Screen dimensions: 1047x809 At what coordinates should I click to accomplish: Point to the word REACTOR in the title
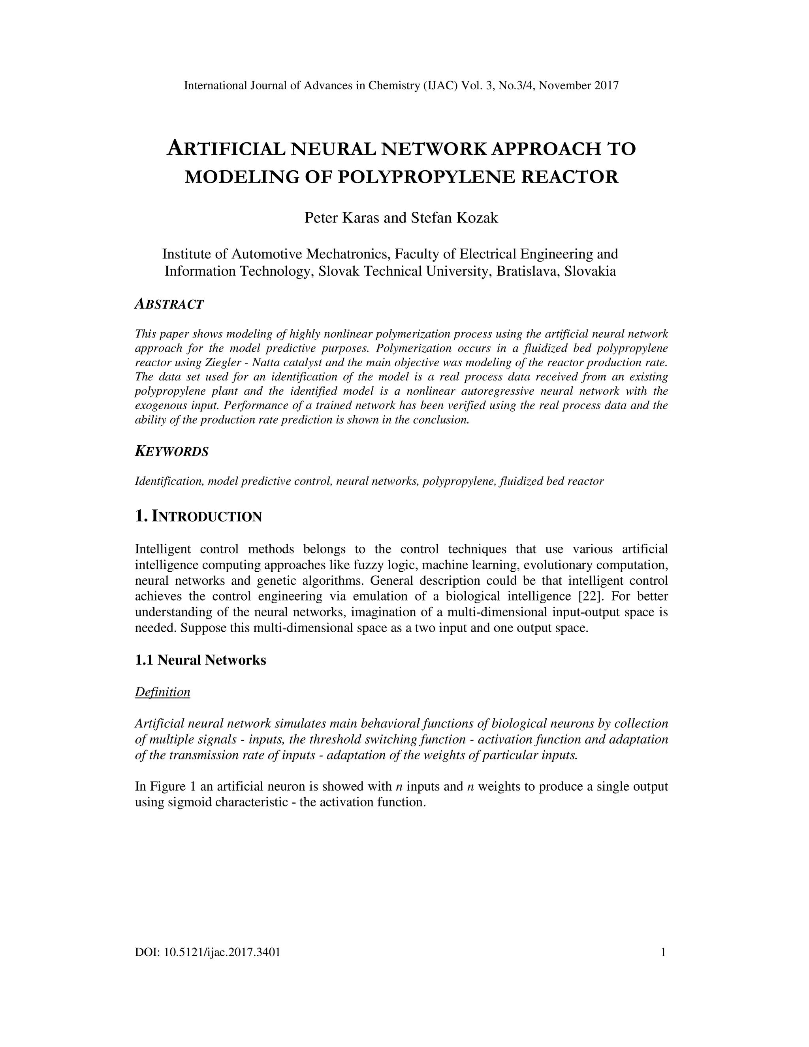coord(569,177)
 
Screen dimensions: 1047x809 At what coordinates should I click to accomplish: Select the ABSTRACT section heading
coord(169,304)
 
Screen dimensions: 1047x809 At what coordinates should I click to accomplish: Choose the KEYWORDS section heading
coord(171,451)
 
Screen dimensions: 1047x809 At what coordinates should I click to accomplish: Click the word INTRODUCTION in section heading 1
coord(207,517)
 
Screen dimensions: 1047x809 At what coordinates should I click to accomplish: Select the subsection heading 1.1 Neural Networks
coord(200,660)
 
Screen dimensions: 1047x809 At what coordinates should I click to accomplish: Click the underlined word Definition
coord(162,692)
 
